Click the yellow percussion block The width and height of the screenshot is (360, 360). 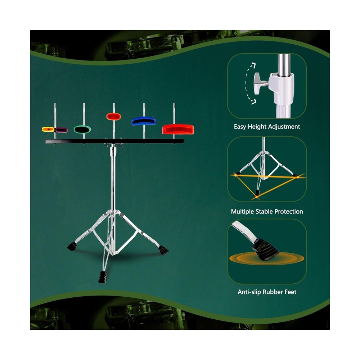48,129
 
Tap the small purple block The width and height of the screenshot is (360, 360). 61,130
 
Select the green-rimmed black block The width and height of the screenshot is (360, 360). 82,129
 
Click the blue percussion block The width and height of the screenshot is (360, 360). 143,121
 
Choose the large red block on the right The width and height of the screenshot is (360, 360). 177,129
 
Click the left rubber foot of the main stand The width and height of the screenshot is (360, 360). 72,247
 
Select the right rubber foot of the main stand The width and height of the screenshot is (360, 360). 164,249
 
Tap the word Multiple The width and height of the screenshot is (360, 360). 244,212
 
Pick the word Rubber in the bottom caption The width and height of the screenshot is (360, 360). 274,292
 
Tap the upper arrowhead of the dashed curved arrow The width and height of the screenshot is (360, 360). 253,65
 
